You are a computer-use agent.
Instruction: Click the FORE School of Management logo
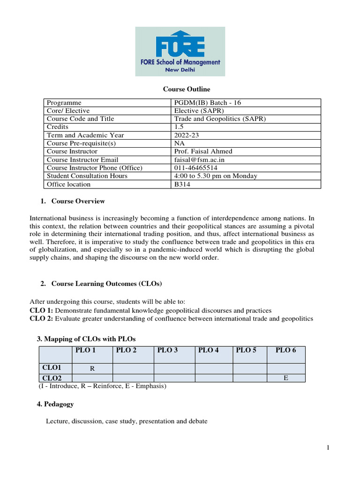(180, 51)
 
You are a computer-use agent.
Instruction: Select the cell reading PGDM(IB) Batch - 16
(207, 103)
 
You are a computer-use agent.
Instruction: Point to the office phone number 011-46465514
(195, 168)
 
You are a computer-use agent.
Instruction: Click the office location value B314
(182, 184)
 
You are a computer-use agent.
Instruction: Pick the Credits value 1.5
(179, 127)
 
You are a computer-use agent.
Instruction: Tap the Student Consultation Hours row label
(87, 176)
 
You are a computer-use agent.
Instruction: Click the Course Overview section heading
(78, 201)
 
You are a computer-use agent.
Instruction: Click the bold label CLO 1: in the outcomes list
(41, 310)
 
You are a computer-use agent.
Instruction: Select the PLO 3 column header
(167, 350)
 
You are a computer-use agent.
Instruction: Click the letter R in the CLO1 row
(92, 369)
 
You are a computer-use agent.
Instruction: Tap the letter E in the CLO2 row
(285, 377)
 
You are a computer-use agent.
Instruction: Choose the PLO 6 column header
(285, 350)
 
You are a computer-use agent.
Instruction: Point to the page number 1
(329, 448)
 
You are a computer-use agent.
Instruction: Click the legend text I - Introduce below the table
(59, 386)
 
